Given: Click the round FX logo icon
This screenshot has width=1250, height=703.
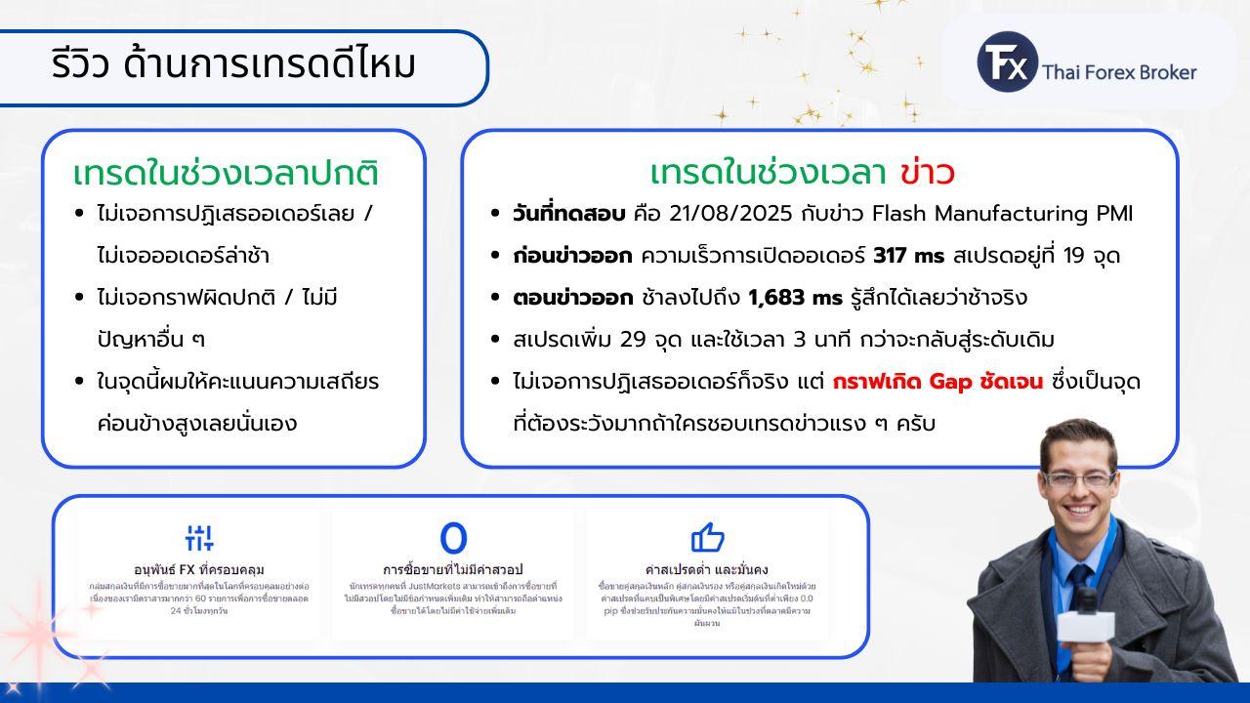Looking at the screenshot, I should pos(1007,62).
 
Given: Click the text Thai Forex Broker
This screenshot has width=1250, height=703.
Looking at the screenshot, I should pos(1119,71).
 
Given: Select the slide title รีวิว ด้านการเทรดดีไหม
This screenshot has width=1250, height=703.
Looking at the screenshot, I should pos(234,65).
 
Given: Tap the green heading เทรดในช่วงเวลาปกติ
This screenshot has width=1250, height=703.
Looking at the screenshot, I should pos(226,174).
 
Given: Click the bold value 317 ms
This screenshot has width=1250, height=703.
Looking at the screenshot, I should pos(908,256).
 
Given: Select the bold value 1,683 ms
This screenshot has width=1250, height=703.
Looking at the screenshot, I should pos(795,298).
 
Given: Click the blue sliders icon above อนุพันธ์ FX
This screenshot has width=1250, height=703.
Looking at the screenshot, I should pos(199,537).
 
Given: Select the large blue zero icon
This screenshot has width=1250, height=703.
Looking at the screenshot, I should pos(453,538).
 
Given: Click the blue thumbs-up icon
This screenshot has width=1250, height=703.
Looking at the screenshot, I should pos(707,537).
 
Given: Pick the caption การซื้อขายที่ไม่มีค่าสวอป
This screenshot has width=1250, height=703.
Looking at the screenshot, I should pos(453,569).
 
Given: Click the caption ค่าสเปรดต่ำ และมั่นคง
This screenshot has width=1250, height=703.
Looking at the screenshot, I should pos(707,569).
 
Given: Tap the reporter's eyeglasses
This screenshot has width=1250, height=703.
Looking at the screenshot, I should pos(1079,479).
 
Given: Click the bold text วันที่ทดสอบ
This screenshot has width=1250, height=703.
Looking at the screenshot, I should pos(568,213).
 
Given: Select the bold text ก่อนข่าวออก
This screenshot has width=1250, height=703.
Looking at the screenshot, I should pos(572,256).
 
